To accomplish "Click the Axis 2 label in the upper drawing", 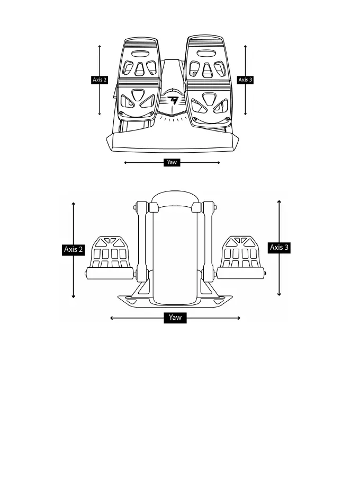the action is (x=100, y=80).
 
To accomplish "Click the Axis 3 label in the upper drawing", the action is (x=245, y=80).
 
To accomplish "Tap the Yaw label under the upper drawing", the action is (x=172, y=162).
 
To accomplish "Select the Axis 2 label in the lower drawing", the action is (x=74, y=249).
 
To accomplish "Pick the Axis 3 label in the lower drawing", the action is (x=280, y=247).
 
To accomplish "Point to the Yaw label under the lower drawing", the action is (x=175, y=318).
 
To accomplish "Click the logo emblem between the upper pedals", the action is (x=172, y=100).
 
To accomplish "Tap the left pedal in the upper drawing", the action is (x=139, y=80).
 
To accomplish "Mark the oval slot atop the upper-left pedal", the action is (x=140, y=54).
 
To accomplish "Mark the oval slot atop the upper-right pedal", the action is (x=205, y=54).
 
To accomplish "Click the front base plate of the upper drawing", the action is (x=172, y=142).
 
